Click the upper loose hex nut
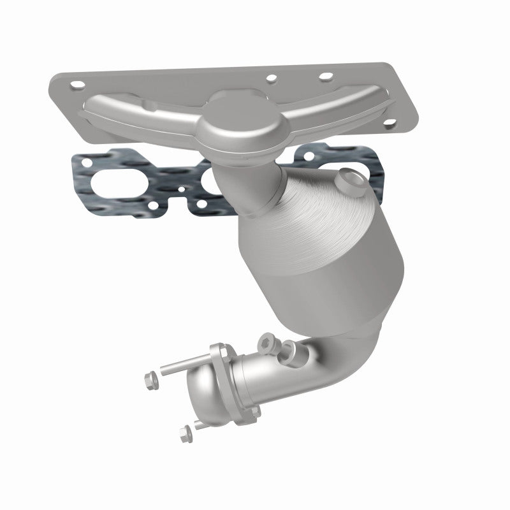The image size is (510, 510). (x=150, y=379)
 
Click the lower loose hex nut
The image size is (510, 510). (x=186, y=434)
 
